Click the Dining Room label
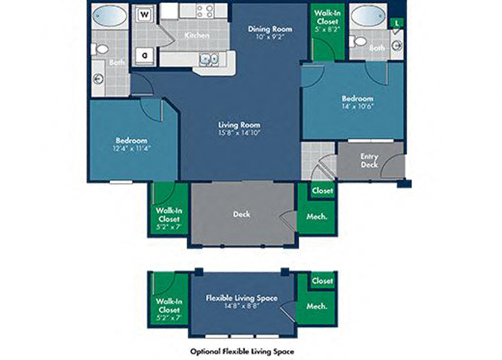(x=268, y=29)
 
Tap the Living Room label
(x=238, y=125)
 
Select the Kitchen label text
(x=197, y=35)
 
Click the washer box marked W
(x=145, y=14)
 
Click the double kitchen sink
(x=209, y=60)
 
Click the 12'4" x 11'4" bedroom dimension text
(x=131, y=148)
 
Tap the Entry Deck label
(x=369, y=160)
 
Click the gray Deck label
(x=241, y=214)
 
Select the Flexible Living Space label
(x=241, y=298)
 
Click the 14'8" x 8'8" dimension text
(x=241, y=307)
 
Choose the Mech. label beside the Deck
(x=315, y=217)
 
